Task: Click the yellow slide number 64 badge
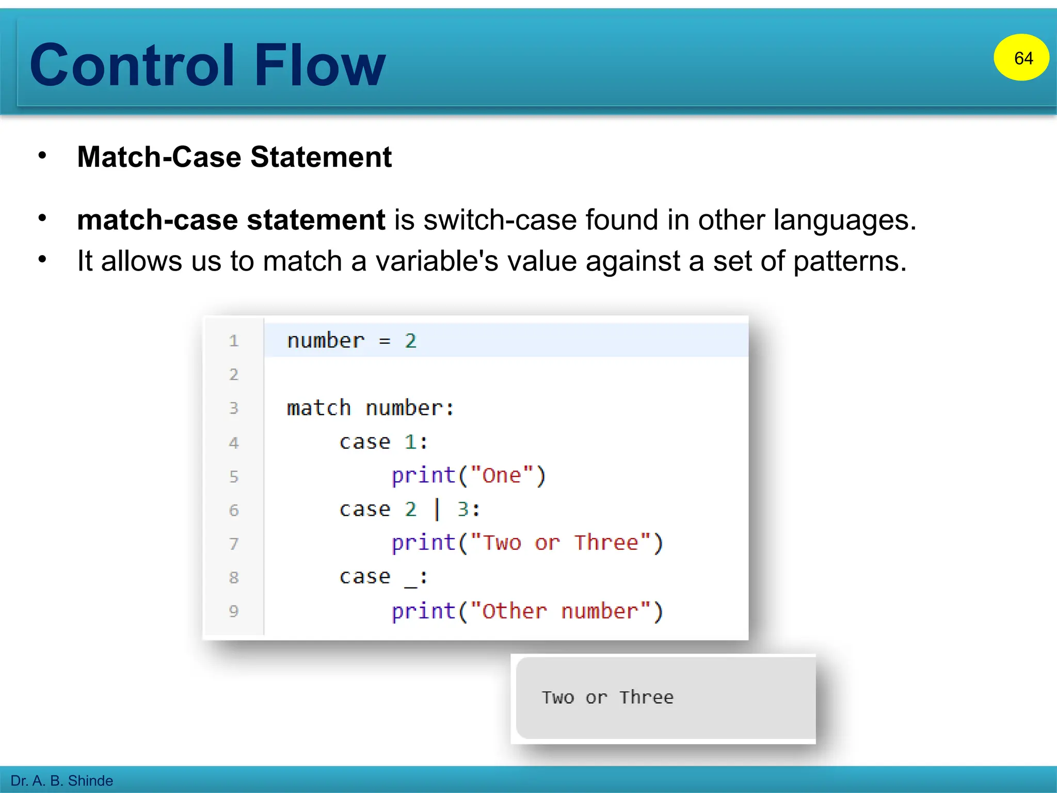coord(1021,58)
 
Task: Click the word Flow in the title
coord(319,65)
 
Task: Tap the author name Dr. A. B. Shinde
coord(62,780)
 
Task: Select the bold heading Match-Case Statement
coord(234,157)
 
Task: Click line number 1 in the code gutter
coord(234,341)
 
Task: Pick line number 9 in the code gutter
coord(234,611)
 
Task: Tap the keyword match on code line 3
coord(319,408)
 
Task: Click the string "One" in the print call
coord(502,475)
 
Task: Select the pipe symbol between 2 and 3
coord(437,509)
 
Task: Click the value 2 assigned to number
coord(410,341)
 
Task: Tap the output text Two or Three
coord(607,697)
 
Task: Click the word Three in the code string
coord(606,543)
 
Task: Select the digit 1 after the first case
coord(410,442)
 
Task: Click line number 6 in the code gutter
coord(234,510)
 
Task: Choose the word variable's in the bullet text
coord(437,261)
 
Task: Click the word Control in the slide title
coord(132,65)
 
